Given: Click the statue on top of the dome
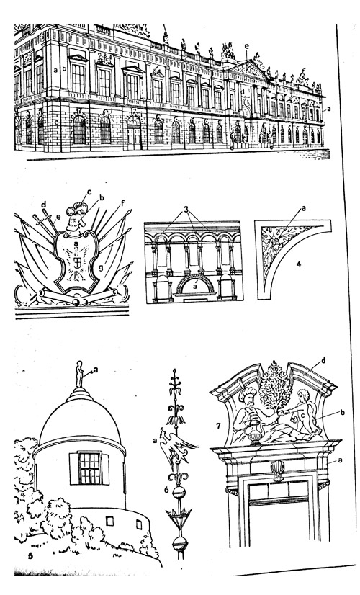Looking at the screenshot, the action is (x=79, y=374).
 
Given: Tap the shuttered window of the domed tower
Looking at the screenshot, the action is (x=89, y=468).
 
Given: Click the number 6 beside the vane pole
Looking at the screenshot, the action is (x=166, y=490).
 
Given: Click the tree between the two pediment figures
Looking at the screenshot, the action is (x=276, y=386).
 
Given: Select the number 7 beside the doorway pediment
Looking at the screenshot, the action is (x=218, y=426).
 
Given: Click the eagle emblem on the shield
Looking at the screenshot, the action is (x=76, y=261).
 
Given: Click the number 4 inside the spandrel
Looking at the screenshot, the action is (x=298, y=264).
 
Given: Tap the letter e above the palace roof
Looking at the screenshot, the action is (x=246, y=46).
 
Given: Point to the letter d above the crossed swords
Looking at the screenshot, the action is (x=43, y=205).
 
